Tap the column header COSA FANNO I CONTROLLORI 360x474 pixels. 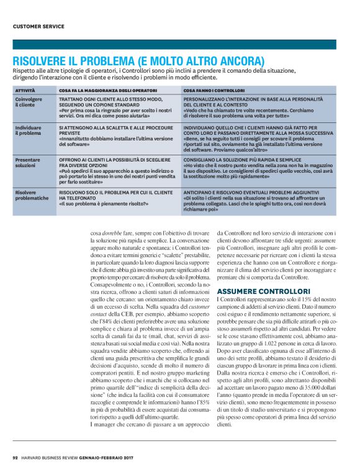(214, 91)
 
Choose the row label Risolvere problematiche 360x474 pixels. (31, 196)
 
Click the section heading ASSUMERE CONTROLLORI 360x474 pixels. (255, 291)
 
